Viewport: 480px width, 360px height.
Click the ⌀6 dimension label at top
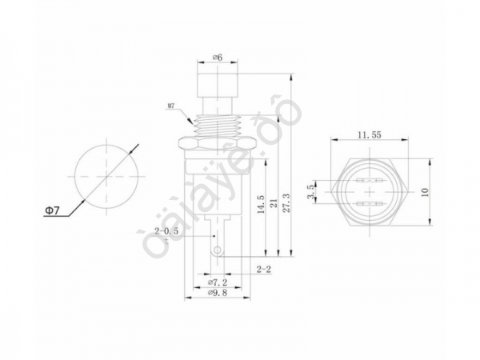tap(218, 58)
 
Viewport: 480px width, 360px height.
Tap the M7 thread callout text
tap(172, 106)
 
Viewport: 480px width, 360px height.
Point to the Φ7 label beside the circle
tap(50, 210)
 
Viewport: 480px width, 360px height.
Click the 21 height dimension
tap(274, 206)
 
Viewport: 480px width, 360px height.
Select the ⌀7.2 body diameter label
tap(218, 283)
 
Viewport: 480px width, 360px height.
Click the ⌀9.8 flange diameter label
tap(218, 294)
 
